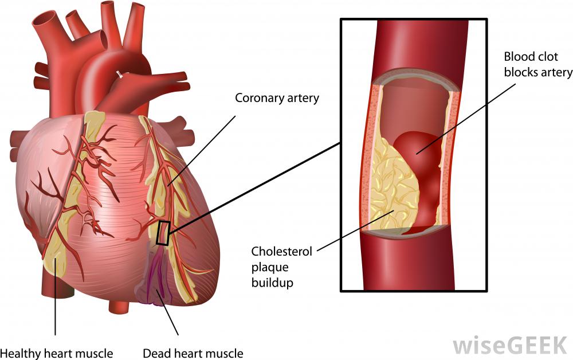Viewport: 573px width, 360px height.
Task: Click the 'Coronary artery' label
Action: tap(277, 98)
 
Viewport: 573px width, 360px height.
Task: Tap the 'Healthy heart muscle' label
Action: tap(56, 353)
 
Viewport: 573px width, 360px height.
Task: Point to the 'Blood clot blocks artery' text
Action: tap(537, 65)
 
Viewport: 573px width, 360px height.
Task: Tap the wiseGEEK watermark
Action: tap(509, 346)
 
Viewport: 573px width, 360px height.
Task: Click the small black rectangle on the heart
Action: tap(163, 233)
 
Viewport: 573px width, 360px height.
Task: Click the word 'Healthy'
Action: tap(20, 353)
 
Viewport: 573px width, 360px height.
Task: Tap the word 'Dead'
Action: tap(154, 353)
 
